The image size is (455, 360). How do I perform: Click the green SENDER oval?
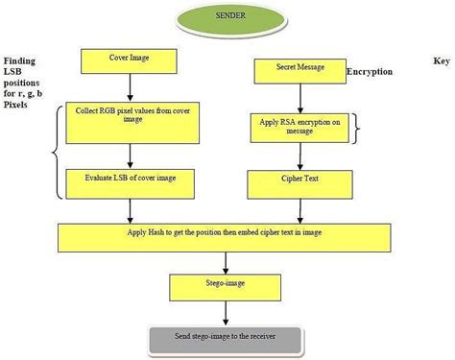(226, 19)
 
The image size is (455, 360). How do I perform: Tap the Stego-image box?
(226, 286)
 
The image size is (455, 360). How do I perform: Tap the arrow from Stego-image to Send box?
(226, 313)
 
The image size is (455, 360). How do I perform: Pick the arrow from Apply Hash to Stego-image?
(226, 261)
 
